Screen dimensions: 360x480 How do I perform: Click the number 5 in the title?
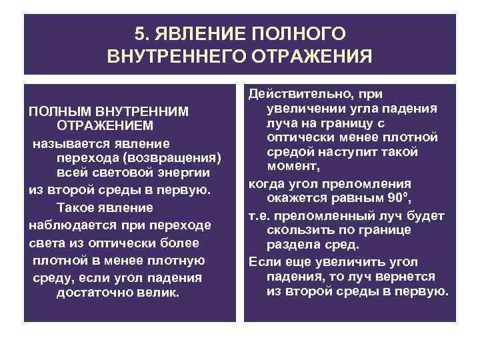pos(139,33)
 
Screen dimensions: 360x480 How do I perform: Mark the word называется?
pos(65,143)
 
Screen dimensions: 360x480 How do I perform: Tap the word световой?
pos(121,173)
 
